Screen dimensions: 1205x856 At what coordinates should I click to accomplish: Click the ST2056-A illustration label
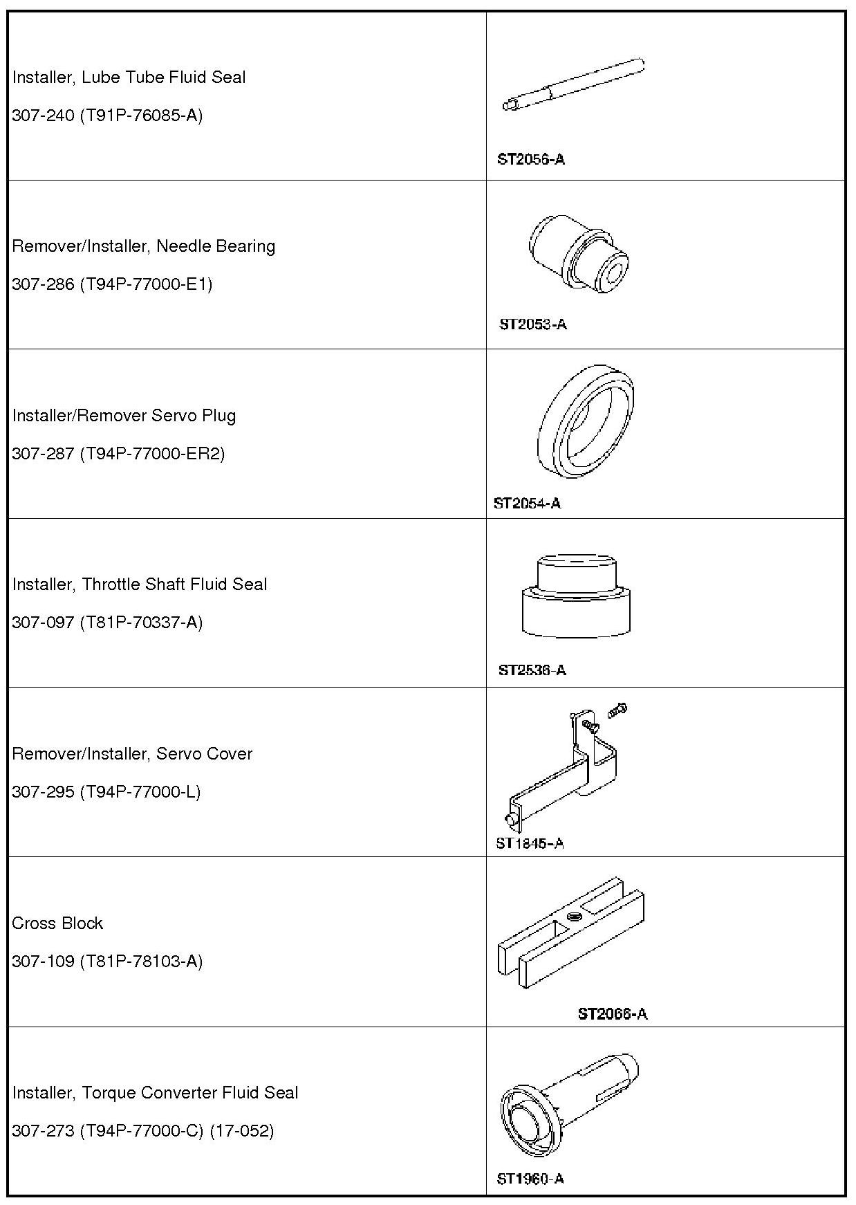[530, 159]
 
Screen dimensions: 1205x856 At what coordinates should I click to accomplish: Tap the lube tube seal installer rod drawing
[573, 85]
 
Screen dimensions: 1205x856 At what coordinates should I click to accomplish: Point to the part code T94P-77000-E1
[146, 284]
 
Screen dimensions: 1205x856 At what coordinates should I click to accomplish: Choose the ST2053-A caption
[532, 324]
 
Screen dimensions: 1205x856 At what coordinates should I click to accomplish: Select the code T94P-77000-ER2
[152, 454]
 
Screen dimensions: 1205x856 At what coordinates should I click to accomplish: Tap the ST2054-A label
[527, 503]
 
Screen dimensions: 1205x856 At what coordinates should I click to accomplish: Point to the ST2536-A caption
[532, 670]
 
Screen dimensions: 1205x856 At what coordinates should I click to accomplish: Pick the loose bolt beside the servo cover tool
[617, 710]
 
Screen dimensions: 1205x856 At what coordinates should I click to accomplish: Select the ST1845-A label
[530, 843]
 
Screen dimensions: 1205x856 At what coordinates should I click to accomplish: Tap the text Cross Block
[57, 923]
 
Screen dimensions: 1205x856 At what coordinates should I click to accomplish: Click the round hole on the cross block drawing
[573, 917]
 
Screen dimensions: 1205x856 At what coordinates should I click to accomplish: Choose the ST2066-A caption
[612, 1014]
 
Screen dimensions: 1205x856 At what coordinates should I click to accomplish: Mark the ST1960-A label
[530, 1179]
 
